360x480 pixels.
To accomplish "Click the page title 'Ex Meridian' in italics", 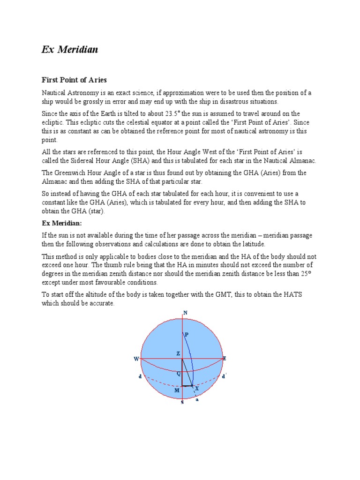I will (70, 50).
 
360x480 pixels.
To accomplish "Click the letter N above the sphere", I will (185, 313).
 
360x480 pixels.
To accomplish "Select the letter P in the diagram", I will (186, 334).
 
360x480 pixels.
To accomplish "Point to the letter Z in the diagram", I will (178, 353).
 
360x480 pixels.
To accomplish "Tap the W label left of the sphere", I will (136, 359).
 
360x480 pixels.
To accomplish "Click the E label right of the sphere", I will (225, 358).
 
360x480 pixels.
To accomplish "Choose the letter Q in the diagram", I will (178, 374).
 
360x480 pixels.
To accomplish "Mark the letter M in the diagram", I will (177, 390).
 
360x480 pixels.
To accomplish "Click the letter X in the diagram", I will (197, 389).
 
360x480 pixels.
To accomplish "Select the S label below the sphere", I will (182, 403).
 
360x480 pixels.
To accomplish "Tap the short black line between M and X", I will (188, 386).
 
